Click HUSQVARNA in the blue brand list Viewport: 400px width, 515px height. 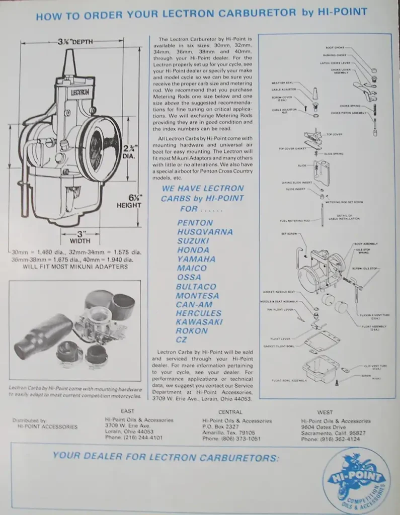205,232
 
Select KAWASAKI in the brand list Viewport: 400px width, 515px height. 199,322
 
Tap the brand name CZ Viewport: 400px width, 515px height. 182,340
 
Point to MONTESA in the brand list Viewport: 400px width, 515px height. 197,295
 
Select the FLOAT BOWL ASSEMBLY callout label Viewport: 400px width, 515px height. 289,380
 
